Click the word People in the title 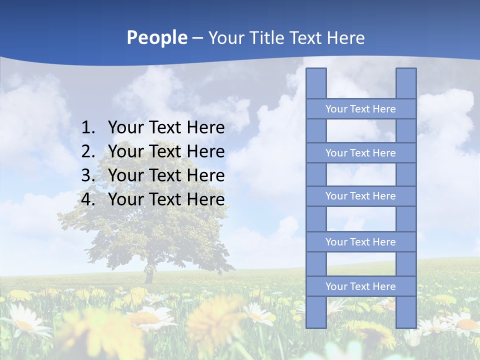click(156, 37)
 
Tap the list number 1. click(87, 128)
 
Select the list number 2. click(87, 151)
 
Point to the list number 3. click(87, 175)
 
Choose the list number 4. click(87, 199)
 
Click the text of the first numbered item click(166, 128)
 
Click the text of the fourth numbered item click(166, 199)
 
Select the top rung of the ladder click(361, 109)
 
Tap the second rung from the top click(361, 153)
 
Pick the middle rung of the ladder click(361, 196)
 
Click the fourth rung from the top click(361, 242)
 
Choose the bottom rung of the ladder click(361, 286)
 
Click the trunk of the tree click(148, 275)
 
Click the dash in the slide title click(197, 38)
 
